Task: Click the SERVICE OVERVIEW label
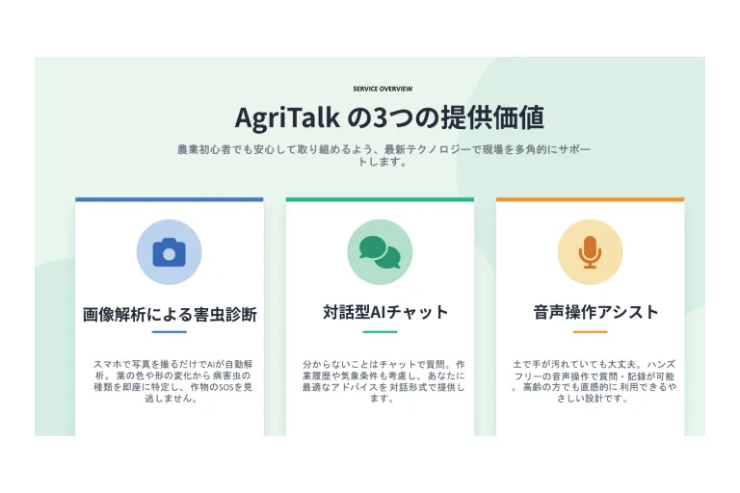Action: [x=383, y=89]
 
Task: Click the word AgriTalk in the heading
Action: [x=287, y=117]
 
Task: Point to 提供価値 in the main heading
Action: [x=492, y=117]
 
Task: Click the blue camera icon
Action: [x=169, y=252]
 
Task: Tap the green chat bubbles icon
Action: [x=380, y=252]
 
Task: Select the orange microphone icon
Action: [x=590, y=252]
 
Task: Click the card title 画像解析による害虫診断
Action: [x=170, y=314]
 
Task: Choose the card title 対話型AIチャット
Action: [x=385, y=312]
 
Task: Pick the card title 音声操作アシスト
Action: [x=595, y=312]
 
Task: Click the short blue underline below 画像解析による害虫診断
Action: [x=169, y=331]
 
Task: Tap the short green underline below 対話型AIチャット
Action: [x=380, y=331]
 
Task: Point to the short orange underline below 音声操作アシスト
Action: [x=590, y=331]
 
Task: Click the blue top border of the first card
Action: [x=169, y=199]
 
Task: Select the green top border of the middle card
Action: [x=380, y=199]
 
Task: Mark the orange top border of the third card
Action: [x=590, y=199]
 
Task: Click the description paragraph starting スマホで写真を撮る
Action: [x=172, y=381]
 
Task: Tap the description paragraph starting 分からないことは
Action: [x=383, y=381]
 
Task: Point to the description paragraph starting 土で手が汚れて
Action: [x=594, y=381]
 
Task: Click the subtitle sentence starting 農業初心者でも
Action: [x=383, y=155]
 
